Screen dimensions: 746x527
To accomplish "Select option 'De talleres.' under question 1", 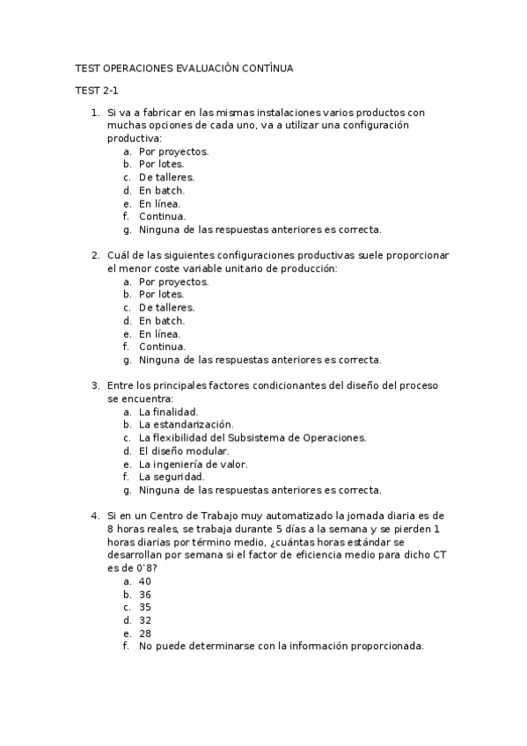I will coord(166,178).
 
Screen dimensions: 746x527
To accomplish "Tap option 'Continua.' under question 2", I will coord(162,347).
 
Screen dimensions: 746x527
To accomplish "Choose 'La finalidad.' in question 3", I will coord(168,412).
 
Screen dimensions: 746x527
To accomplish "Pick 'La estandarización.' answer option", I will coord(186,425).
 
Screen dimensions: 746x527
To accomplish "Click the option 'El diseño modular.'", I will coord(184,450).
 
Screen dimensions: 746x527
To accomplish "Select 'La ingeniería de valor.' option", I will coord(193,464).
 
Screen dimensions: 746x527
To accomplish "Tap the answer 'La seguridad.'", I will coord(172,477).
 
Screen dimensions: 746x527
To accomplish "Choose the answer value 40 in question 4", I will coord(145,581).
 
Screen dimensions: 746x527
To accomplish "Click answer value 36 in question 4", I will coord(145,595).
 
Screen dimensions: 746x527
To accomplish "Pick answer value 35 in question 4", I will coord(145,607).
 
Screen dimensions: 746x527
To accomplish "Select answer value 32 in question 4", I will coord(145,620).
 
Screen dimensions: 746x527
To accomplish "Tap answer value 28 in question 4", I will coord(145,633).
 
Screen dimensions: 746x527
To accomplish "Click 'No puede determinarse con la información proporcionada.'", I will coord(281,647).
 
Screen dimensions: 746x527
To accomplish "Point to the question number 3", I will coord(95,385).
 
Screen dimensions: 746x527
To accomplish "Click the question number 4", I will coord(95,516).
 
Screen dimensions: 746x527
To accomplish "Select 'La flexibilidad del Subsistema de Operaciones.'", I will coord(253,437).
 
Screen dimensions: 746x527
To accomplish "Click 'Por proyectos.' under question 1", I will coord(173,151).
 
